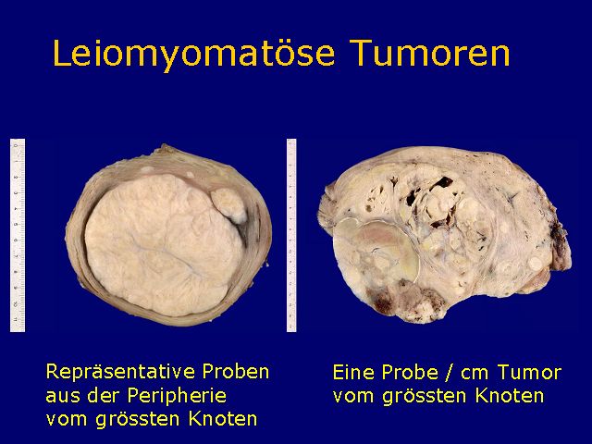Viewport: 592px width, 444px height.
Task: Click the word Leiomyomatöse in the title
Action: (193, 54)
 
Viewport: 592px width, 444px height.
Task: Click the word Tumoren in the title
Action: (430, 53)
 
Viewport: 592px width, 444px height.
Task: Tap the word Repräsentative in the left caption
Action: (120, 373)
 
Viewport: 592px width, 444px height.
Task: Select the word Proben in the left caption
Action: (236, 372)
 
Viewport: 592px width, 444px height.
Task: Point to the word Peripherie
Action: (177, 397)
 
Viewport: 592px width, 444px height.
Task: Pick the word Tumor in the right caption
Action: (529, 373)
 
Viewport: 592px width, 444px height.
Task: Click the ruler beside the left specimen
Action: (18, 235)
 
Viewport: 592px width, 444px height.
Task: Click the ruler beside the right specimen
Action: (291, 235)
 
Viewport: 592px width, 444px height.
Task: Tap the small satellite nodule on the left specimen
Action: (228, 205)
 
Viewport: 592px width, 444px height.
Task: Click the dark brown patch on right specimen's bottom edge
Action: (384, 300)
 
